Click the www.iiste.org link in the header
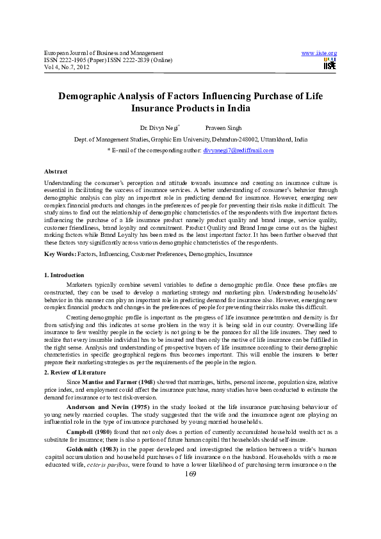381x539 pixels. tap(319, 52)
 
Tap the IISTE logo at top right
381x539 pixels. tap(330, 63)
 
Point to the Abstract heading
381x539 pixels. tap(56, 172)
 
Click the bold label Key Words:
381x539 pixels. tap(60, 254)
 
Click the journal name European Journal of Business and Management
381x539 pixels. tap(99, 52)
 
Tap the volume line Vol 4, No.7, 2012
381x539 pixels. tap(67, 66)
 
